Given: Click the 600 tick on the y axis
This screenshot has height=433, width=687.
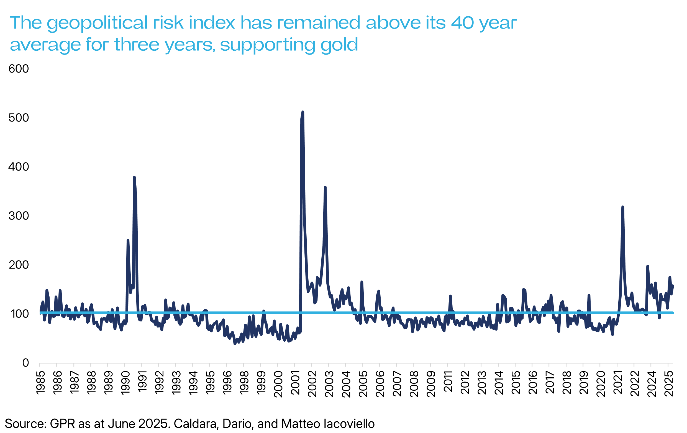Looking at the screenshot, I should pyautogui.click(x=19, y=69).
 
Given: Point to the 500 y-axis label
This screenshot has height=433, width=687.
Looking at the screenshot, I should pyautogui.click(x=19, y=118).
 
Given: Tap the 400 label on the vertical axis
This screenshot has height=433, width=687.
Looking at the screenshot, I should pyautogui.click(x=19, y=167).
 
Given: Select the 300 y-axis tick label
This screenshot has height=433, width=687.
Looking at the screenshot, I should pyautogui.click(x=19, y=216).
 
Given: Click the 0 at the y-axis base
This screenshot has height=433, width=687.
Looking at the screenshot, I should pyautogui.click(x=26, y=363).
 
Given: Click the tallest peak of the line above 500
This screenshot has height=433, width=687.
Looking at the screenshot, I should pyautogui.click(x=303, y=112).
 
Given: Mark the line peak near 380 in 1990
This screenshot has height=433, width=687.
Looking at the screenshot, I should pyautogui.click(x=134, y=177).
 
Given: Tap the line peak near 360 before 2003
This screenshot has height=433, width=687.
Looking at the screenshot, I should pyautogui.click(x=325, y=187).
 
